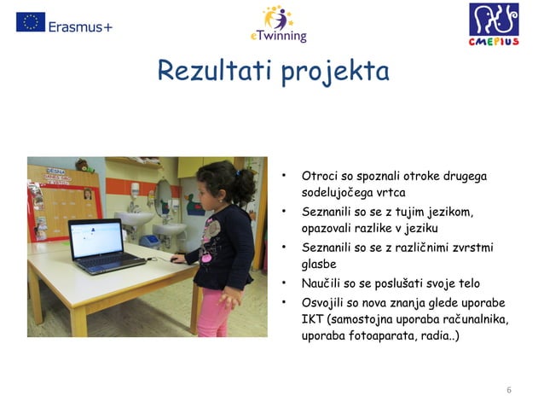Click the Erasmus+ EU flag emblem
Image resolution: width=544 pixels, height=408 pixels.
(x=31, y=22)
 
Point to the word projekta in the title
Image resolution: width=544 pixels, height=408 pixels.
(x=333, y=72)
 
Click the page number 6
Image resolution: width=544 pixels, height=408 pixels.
(x=509, y=390)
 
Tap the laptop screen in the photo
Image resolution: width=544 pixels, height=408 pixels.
(x=96, y=239)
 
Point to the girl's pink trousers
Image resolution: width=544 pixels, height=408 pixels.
(x=213, y=312)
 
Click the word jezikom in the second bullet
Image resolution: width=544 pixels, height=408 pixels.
(x=442, y=211)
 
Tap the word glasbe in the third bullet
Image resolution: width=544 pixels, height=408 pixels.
(x=320, y=265)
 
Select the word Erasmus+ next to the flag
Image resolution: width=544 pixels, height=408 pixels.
(x=80, y=26)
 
